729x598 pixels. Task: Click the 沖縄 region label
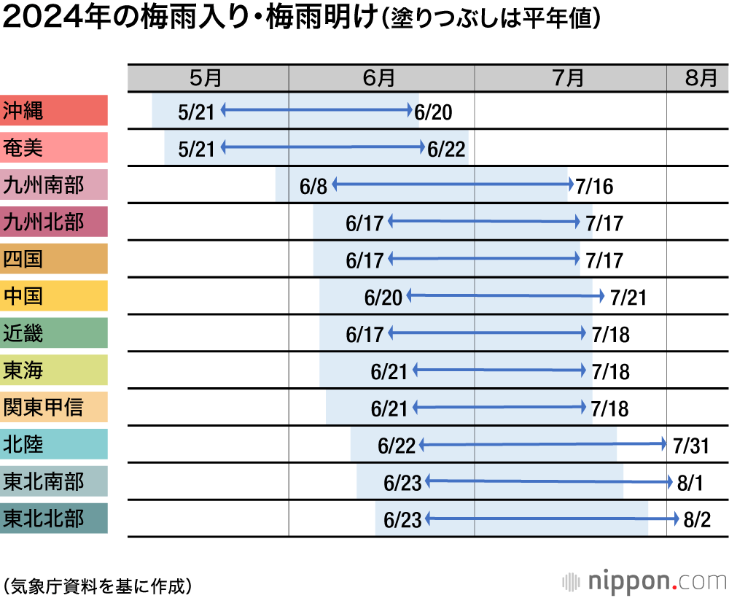pyautogui.click(x=54, y=111)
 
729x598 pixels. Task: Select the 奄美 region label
pyautogui.click(x=54, y=148)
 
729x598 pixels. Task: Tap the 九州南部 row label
pyautogui.click(x=54, y=185)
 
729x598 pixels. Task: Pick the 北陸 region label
pyautogui.click(x=54, y=444)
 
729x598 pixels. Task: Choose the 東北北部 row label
pyautogui.click(x=54, y=519)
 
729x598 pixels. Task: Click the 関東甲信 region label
pyautogui.click(x=54, y=407)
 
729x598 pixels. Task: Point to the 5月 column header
pyautogui.click(x=208, y=78)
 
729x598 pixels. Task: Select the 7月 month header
pyautogui.click(x=570, y=78)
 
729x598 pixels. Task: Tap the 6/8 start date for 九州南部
pyautogui.click(x=313, y=186)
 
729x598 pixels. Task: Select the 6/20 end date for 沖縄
pyautogui.click(x=434, y=112)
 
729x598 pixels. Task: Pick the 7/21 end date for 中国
pyautogui.click(x=628, y=298)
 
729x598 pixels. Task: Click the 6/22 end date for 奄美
pyautogui.click(x=446, y=149)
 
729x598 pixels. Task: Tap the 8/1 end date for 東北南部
pyautogui.click(x=691, y=483)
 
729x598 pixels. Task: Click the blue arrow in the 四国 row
pyautogui.click(x=485, y=258)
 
